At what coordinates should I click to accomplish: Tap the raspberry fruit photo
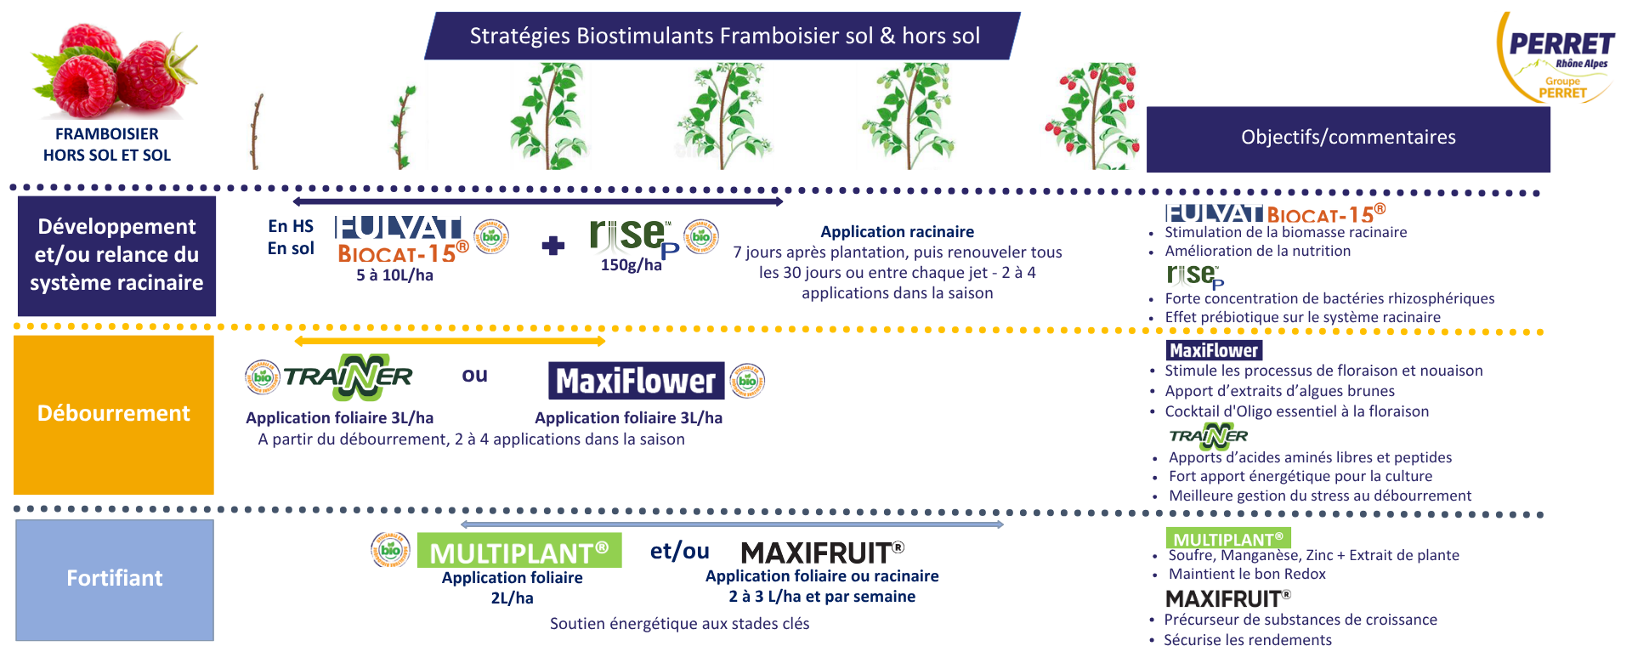(x=114, y=72)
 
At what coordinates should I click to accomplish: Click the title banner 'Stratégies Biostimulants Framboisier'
(x=723, y=36)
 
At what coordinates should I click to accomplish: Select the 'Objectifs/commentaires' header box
(x=1347, y=138)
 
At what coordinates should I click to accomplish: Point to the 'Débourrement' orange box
(x=114, y=414)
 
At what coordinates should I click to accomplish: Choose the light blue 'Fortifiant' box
(x=115, y=579)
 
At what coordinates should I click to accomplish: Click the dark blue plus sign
(x=553, y=246)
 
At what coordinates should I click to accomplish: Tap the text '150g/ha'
(x=631, y=265)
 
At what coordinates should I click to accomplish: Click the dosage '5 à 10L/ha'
(x=394, y=275)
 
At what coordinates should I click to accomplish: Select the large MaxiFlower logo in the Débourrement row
(x=636, y=381)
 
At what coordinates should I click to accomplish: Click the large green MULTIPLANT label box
(x=519, y=552)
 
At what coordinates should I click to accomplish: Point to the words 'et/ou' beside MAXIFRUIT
(x=679, y=551)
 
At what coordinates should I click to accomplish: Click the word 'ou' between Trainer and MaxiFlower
(x=474, y=375)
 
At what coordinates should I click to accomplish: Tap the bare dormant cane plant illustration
(x=255, y=132)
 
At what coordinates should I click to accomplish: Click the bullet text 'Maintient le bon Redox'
(x=1247, y=575)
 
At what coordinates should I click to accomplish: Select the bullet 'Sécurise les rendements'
(x=1247, y=640)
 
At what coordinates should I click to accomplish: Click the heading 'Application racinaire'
(x=897, y=232)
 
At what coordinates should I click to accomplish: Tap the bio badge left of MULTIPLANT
(x=391, y=550)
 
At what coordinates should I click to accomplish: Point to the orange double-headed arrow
(x=450, y=342)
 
